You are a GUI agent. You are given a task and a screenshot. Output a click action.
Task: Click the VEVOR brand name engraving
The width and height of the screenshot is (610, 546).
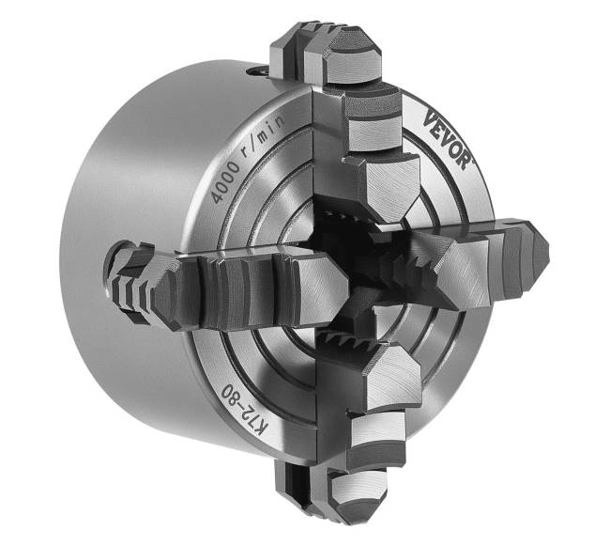pos(448,139)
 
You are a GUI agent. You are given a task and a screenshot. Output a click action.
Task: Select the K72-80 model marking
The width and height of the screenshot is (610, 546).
pos(244,412)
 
